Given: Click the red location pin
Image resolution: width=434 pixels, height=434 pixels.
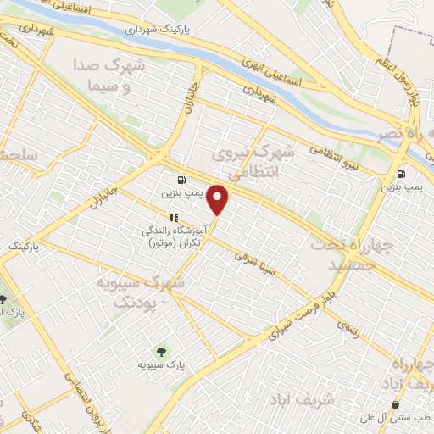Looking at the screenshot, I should pos(219,199).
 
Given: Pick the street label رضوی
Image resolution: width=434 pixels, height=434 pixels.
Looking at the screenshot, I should pos(348,331).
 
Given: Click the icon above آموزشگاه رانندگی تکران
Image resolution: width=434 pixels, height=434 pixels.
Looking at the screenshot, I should pos(174,217).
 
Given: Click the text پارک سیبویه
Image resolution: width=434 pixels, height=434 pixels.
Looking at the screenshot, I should pos(162,365).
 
